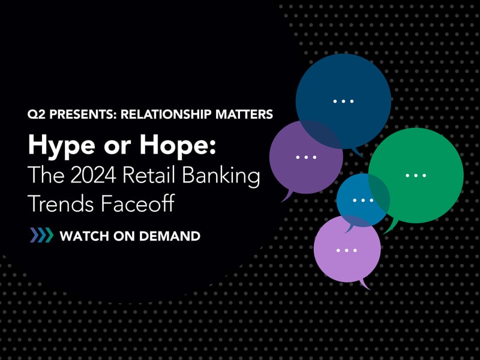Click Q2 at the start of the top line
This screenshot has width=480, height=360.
(35, 114)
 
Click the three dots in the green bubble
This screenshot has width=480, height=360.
(415, 175)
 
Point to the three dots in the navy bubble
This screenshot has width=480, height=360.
(343, 101)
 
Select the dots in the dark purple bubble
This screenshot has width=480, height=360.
(305, 157)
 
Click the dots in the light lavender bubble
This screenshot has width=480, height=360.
(347, 250)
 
